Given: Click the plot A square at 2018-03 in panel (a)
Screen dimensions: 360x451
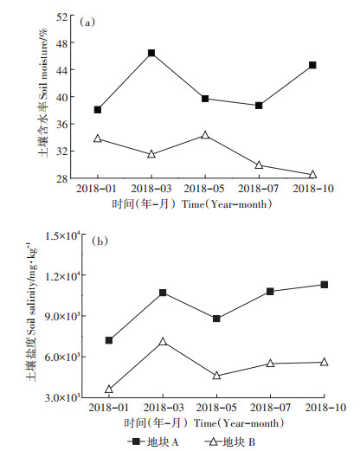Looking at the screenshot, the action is (x=151, y=53).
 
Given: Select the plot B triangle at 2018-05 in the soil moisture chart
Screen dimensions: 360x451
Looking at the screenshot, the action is (x=205, y=135).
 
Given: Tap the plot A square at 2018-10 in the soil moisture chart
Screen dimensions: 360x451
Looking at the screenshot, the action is (x=312, y=65).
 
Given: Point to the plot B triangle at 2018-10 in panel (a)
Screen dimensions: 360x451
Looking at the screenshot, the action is (x=312, y=174).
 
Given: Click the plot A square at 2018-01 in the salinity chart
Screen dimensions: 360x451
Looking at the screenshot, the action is (x=109, y=340).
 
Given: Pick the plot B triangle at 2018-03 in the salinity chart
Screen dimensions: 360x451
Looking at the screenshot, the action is (x=163, y=341).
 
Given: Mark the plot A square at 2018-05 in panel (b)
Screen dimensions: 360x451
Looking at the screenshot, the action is (x=216, y=319).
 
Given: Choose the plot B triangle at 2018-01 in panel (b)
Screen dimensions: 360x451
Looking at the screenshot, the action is (x=109, y=389).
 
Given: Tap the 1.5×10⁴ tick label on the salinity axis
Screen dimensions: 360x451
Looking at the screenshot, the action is (x=62, y=235).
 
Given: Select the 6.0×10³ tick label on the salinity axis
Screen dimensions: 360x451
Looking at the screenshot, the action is (x=62, y=358).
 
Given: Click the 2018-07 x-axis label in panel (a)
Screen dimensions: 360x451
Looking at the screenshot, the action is (x=259, y=189).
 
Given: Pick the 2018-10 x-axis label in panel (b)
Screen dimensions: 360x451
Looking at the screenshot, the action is (x=325, y=408).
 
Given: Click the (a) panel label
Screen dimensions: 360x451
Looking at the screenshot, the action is (x=87, y=23).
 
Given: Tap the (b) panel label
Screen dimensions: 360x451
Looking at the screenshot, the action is (x=100, y=241).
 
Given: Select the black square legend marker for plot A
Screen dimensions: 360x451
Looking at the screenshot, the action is (x=136, y=441).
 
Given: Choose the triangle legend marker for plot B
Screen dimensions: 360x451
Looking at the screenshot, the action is (x=214, y=441).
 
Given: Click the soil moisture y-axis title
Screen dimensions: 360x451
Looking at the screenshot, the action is (x=43, y=93).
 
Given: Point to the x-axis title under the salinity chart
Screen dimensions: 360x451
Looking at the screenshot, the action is (x=204, y=423).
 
